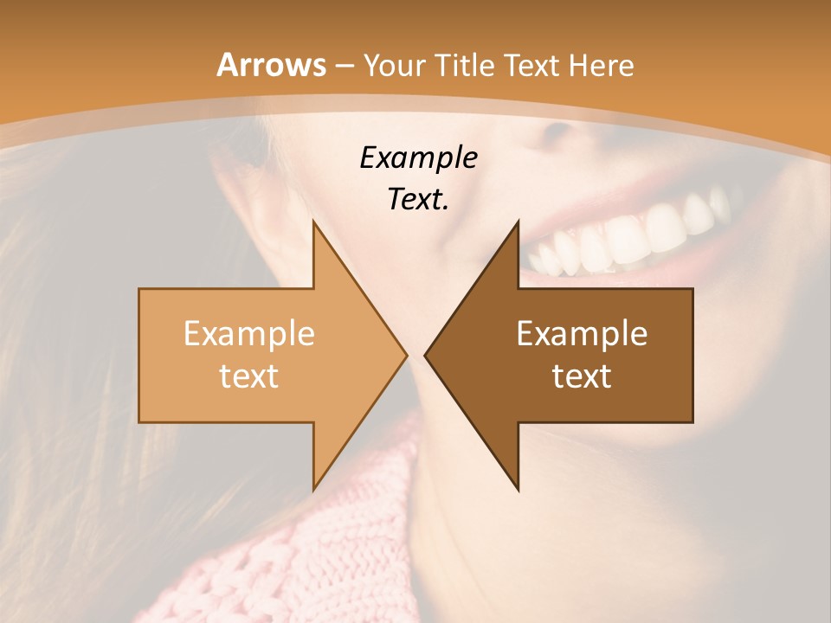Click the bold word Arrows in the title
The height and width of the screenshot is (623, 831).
(271, 65)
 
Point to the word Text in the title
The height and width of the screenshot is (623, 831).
(532, 65)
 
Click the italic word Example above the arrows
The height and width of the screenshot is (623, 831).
(419, 157)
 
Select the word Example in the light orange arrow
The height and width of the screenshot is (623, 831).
(249, 334)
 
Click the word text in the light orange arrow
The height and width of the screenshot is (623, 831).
(249, 376)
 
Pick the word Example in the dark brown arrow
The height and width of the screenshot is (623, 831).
(582, 334)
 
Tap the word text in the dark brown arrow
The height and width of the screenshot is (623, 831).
(582, 376)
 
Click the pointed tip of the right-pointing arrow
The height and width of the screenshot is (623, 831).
(405, 355)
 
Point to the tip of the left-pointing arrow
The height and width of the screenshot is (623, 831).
(427, 355)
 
